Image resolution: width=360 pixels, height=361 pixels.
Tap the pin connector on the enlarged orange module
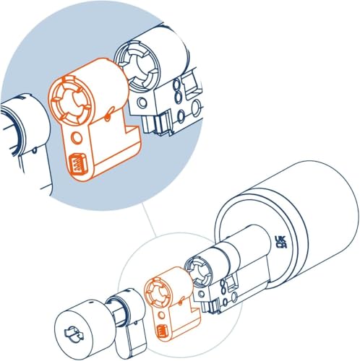pyautogui.click(x=76, y=165)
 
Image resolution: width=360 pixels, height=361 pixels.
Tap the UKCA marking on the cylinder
pyautogui.click(x=280, y=241)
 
